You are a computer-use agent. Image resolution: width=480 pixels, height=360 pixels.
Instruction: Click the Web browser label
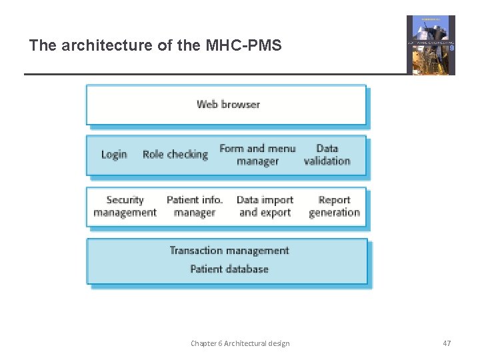[x=228, y=104]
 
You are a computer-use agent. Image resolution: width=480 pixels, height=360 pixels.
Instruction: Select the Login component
[x=114, y=155]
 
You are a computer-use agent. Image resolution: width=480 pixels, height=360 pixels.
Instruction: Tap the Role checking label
[x=175, y=155]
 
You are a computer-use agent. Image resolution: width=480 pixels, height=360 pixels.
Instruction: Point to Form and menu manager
[x=257, y=155]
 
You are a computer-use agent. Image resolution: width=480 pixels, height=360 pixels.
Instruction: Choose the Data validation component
[x=327, y=155]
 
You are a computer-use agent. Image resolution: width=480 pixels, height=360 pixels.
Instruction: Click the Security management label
[x=125, y=206]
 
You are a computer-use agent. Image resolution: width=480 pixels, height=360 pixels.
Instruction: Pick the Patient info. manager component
[x=195, y=206]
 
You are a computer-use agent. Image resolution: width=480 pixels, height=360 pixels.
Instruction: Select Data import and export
[x=265, y=206]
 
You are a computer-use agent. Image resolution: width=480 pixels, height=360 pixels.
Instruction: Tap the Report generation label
[x=334, y=206]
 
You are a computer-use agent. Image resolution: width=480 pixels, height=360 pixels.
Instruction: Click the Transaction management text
[x=229, y=251]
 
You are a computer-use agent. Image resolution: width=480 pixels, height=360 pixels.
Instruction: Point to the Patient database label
[x=229, y=269]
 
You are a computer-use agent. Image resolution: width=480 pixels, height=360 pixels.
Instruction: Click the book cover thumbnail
[x=431, y=45]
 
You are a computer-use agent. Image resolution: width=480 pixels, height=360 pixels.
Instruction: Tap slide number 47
[x=447, y=343]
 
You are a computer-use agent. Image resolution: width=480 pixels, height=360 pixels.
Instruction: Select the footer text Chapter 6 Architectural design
[x=240, y=343]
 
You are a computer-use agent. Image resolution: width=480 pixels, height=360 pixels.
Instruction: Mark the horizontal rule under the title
[x=213, y=74]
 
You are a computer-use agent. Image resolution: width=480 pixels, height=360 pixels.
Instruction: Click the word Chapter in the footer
[x=203, y=343]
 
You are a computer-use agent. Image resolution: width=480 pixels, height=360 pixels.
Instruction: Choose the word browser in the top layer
[x=241, y=104]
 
